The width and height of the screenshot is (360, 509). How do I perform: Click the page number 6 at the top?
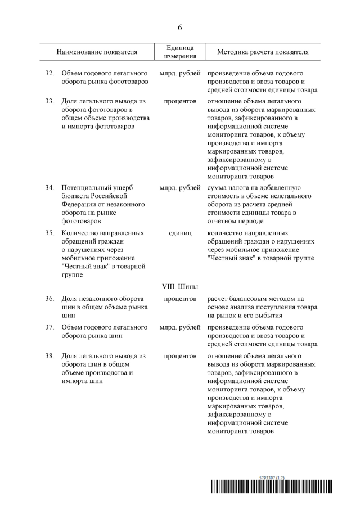[180, 27]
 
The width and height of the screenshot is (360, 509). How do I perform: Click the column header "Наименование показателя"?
[97, 52]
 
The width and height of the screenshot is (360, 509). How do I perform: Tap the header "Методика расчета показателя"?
[263, 52]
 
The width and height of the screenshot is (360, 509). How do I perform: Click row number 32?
[49, 74]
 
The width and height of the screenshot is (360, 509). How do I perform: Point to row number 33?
[49, 102]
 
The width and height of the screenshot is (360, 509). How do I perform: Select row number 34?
[49, 187]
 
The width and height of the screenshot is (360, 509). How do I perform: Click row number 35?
[49, 232]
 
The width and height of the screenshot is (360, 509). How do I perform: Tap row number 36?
[49, 298]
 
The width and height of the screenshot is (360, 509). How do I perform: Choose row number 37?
[49, 327]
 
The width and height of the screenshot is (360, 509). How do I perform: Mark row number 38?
[49, 356]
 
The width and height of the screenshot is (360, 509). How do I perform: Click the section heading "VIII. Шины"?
[180, 286]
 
